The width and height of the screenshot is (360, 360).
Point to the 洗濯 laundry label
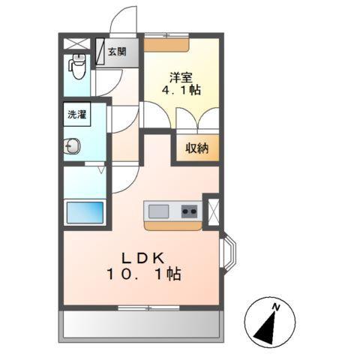pos(77,116)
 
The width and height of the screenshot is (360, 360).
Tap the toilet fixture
pos(77,67)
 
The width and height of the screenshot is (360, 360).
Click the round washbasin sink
pos(72,146)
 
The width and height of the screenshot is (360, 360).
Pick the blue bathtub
pos(86,212)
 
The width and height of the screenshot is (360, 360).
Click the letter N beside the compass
pos(276,307)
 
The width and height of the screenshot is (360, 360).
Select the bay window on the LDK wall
pos(230,256)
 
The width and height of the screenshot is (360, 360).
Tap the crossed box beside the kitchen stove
pos(212,211)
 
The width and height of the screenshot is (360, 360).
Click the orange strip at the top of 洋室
pos(167,44)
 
